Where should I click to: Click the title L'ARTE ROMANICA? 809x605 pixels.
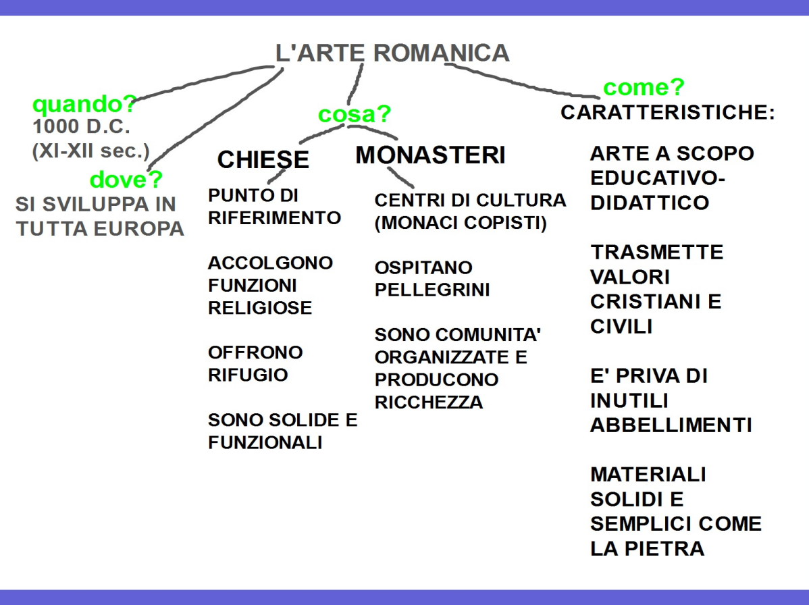click(x=392, y=53)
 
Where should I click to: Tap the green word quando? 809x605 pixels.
click(x=84, y=105)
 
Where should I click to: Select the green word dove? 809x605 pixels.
click(x=126, y=180)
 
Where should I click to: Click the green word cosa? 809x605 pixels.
click(x=355, y=114)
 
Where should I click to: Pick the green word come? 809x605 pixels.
click(x=644, y=87)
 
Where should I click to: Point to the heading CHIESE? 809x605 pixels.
click(x=263, y=159)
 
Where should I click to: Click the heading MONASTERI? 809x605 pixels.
click(x=430, y=155)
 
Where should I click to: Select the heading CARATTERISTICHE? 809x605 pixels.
click(x=667, y=113)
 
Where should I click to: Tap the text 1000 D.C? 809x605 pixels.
click(x=81, y=126)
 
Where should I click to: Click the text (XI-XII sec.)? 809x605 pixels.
click(x=90, y=150)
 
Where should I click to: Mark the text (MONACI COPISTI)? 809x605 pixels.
click(x=461, y=223)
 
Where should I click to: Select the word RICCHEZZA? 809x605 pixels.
click(x=429, y=402)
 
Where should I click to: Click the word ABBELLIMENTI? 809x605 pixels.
click(x=671, y=426)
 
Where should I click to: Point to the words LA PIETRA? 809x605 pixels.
click(x=647, y=548)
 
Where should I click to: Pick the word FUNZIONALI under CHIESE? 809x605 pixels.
click(x=265, y=443)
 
